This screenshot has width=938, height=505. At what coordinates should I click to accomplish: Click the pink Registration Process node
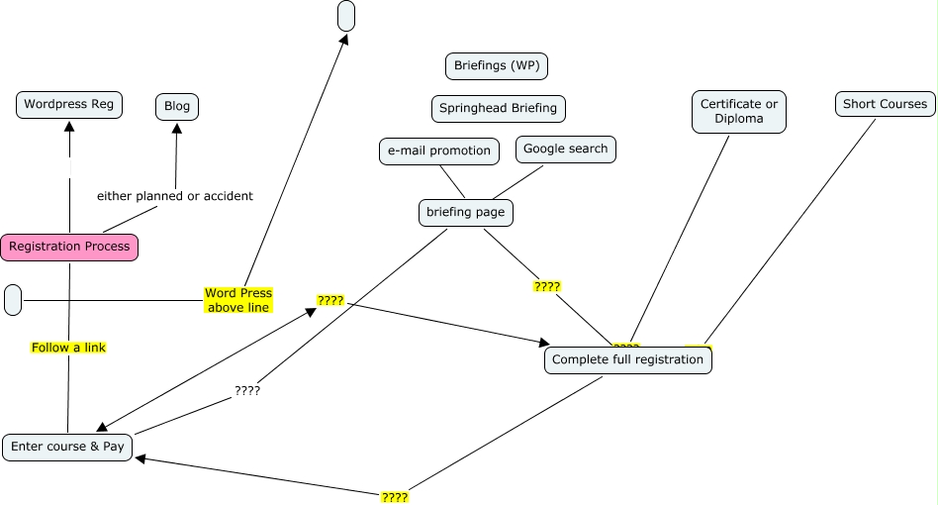[x=69, y=247]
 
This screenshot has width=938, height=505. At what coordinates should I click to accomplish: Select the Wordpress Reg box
[x=69, y=104]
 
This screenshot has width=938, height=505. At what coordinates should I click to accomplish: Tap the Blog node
[x=177, y=106]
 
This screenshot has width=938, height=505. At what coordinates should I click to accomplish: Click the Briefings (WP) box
[x=497, y=66]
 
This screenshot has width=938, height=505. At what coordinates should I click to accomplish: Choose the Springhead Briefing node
[x=499, y=108]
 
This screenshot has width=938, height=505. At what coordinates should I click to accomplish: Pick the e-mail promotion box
[x=439, y=151]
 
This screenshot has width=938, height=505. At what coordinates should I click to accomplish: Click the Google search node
[x=565, y=150]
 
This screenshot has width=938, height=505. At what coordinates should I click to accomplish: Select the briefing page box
[x=466, y=212]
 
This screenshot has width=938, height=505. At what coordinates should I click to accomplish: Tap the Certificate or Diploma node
[x=739, y=111]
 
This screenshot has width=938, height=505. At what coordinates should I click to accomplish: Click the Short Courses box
[x=885, y=104]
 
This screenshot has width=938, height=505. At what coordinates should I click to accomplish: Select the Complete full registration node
[x=627, y=359]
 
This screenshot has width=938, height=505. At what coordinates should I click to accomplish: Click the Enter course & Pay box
[x=67, y=447]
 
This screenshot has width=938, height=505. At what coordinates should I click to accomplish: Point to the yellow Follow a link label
[x=68, y=348]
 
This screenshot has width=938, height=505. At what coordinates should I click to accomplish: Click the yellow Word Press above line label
[x=237, y=300]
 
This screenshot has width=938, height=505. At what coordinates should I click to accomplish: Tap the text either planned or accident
[x=175, y=196]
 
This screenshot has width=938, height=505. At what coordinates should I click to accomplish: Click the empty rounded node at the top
[x=345, y=16]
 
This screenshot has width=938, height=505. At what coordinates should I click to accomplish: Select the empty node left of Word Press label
[x=13, y=299]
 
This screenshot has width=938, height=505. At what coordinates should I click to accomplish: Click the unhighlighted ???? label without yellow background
[x=247, y=390]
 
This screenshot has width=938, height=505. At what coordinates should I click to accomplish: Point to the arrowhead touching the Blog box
[x=176, y=128]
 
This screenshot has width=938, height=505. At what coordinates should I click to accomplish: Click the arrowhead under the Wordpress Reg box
[x=69, y=126]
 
